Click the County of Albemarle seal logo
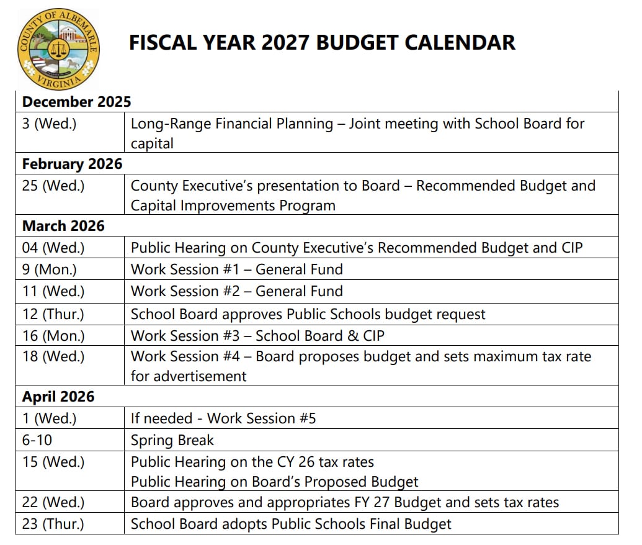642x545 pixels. coord(58,50)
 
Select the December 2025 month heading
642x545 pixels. coord(76,101)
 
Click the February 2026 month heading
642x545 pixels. coord(72,164)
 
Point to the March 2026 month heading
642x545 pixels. coord(63,226)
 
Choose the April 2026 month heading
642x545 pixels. coord(58,397)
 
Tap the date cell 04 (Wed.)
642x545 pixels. coord(53,248)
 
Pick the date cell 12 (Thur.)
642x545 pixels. coord(53,314)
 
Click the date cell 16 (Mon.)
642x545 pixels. coord(53,336)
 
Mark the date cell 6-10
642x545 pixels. coord(37,440)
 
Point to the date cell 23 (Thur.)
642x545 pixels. coord(53,524)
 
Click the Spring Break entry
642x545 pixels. coord(172,440)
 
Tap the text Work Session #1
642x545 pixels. coord(185,269)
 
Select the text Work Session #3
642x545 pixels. coord(185,336)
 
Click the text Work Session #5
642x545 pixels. coord(261,418)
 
